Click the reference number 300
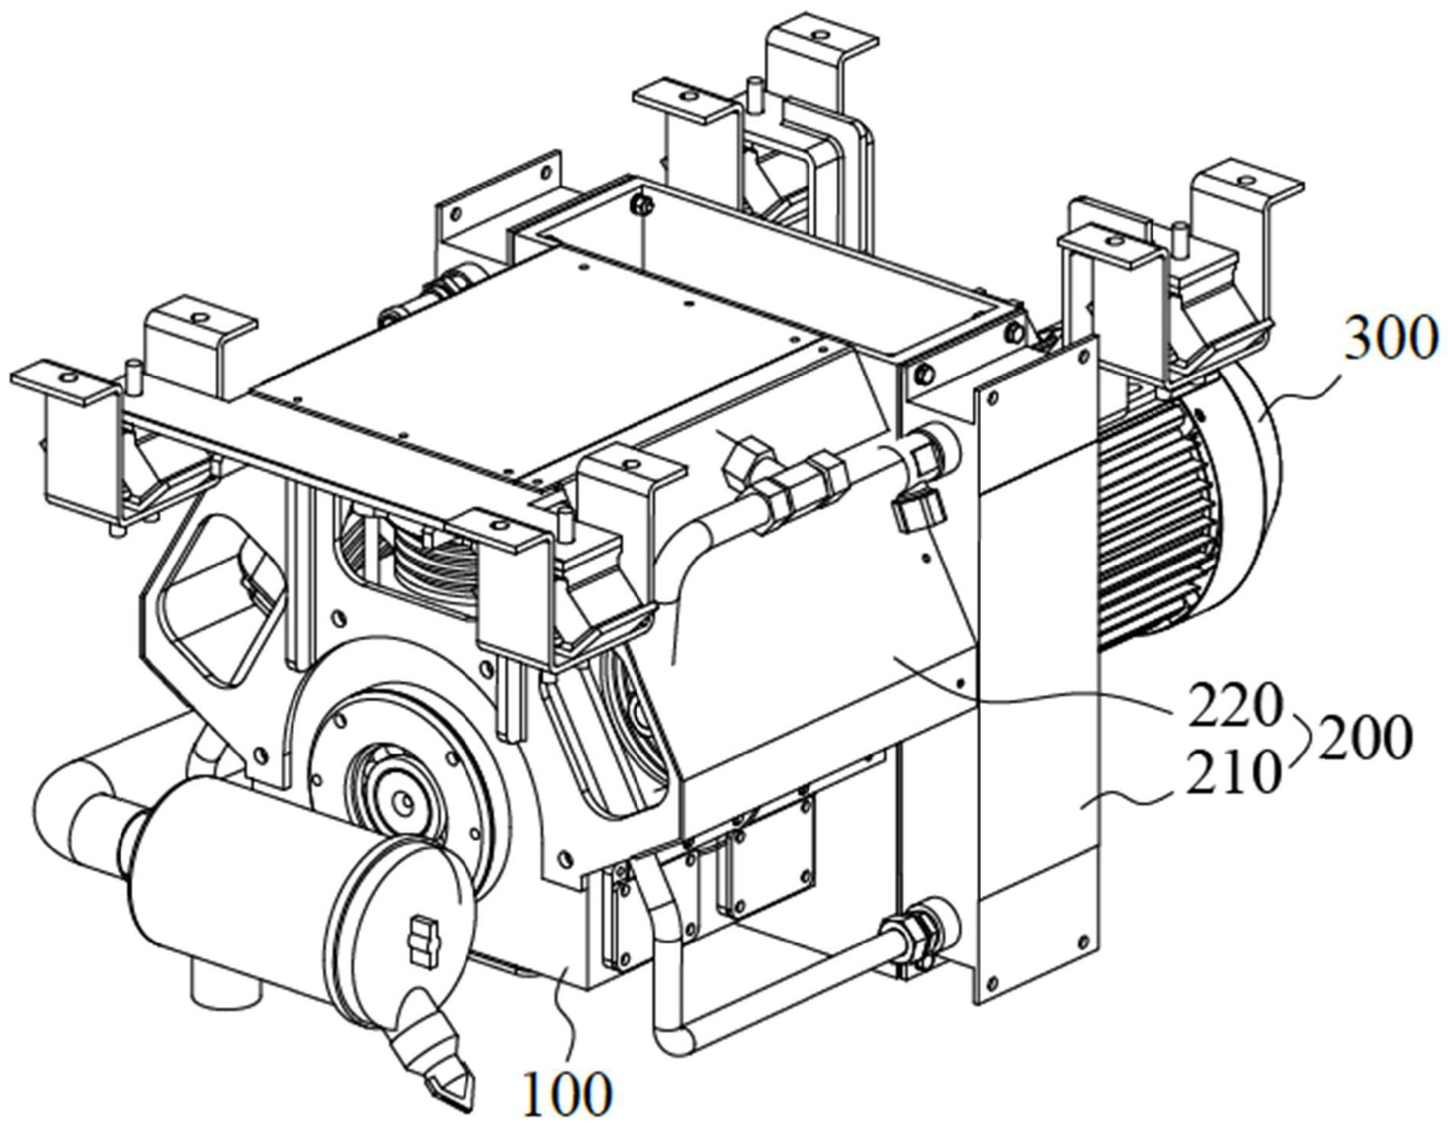pyautogui.click(x=1388, y=340)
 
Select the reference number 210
pyautogui.click(x=1235, y=773)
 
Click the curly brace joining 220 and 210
pyautogui.click(x=1298, y=739)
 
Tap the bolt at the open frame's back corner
pyautogui.click(x=643, y=204)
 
